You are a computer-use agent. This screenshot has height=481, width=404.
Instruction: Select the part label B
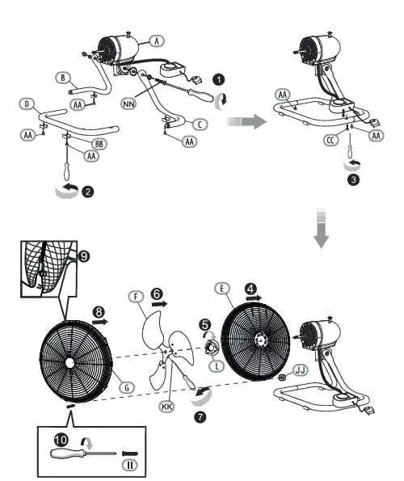[x=61, y=78]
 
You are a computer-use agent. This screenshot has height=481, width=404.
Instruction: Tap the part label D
[x=27, y=104]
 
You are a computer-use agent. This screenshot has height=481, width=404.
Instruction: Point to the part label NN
[x=128, y=103]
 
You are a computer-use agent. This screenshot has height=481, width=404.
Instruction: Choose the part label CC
[x=330, y=139]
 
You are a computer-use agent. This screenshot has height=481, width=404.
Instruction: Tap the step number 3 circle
[x=353, y=179]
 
